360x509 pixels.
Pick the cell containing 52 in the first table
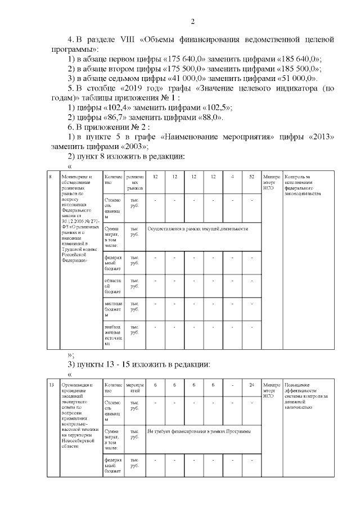coord(252,177)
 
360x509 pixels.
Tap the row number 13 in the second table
coord(52,385)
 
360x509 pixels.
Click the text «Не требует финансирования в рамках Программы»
coord(199,431)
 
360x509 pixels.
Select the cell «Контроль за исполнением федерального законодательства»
coord(302,186)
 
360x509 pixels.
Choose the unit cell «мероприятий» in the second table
coord(134,388)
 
